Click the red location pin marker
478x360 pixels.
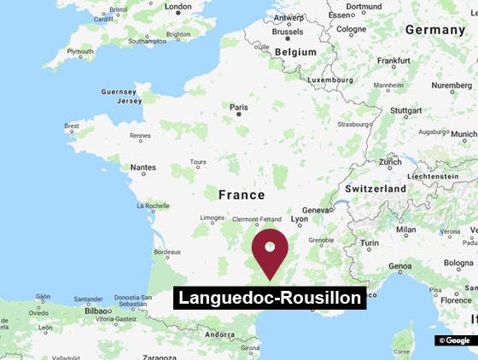pos(270,250)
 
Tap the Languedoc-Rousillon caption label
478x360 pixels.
pos(270,298)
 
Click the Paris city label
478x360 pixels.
pos(239,107)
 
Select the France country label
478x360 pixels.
pos(242,195)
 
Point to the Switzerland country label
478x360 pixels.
pos(376,188)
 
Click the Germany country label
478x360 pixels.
pos(434,29)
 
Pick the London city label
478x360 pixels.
pos(178,7)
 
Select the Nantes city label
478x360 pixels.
pos(143,167)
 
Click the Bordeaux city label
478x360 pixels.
pos(166,252)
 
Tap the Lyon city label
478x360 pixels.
pos(300,219)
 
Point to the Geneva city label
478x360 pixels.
pos(316,210)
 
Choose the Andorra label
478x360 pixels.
pos(220,334)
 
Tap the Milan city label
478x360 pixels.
pos(406,229)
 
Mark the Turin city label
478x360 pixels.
pos(370,244)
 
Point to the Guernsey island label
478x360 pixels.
pos(118,91)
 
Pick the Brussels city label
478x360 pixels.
pos(287,32)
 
